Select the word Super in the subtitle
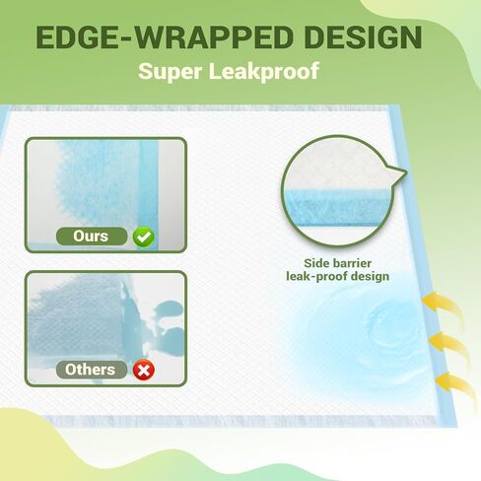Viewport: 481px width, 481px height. click(x=170, y=71)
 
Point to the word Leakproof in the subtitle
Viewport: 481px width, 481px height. click(x=264, y=71)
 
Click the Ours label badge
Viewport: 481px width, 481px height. click(x=92, y=236)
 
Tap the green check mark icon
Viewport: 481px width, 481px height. click(x=144, y=237)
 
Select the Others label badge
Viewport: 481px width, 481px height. click(x=92, y=370)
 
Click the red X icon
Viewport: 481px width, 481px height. click(x=144, y=370)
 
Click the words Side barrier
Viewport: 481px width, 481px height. click(x=338, y=263)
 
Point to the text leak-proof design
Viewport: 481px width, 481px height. click(x=338, y=276)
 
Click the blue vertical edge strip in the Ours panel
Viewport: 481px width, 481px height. click(x=149, y=194)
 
